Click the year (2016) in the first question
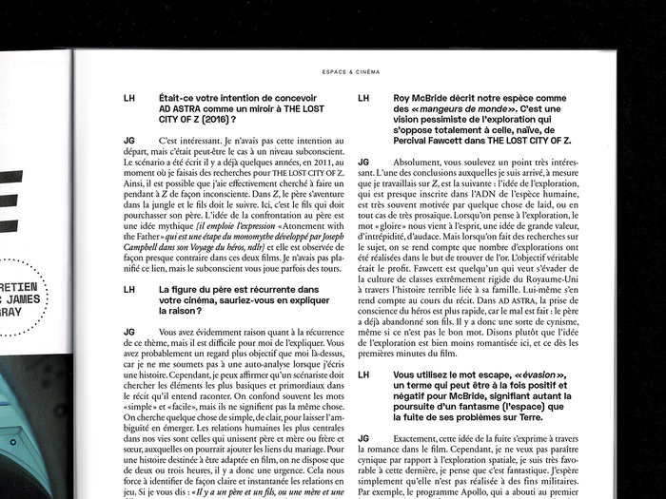[213, 121]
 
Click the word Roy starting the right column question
[403, 98]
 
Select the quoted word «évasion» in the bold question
[543, 375]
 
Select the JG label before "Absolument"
[363, 163]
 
